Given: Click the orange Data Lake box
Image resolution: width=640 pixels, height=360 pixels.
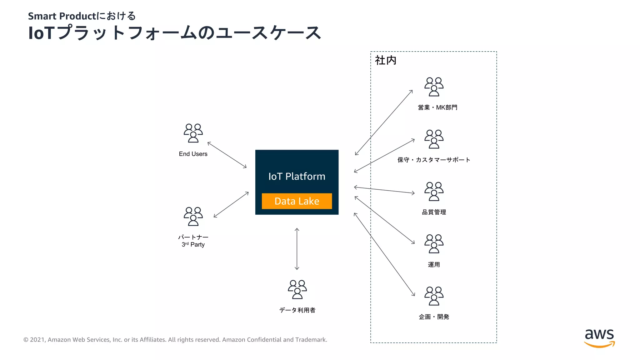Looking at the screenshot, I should [297, 201].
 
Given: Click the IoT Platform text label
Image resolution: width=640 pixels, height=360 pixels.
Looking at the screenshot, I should [297, 176].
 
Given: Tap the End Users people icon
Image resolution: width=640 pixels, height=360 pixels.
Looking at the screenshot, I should [193, 133].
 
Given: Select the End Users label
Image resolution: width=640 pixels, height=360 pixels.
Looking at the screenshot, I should [193, 154].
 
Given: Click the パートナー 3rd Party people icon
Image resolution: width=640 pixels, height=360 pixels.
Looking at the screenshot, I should [193, 216].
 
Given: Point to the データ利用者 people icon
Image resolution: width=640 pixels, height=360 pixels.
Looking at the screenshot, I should [297, 289].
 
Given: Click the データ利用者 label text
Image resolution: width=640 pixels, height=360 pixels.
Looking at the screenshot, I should [297, 310].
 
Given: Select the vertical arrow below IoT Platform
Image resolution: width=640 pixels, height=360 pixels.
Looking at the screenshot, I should [297, 249].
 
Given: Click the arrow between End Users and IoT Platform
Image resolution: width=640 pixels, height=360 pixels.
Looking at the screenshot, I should [227, 155].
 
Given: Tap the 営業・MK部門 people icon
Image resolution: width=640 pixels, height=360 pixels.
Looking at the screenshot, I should [434, 87].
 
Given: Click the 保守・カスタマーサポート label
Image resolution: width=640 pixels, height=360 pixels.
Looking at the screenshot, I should [434, 160].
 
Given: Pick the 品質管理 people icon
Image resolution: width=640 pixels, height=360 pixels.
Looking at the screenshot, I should [434, 191].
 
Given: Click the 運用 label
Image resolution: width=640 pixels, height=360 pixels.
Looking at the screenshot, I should [434, 264].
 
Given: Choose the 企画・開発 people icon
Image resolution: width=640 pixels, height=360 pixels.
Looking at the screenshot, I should [434, 296].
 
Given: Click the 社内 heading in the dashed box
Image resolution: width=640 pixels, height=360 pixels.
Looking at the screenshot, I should [385, 60].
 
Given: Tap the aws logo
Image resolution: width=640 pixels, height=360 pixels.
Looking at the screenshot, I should [599, 338].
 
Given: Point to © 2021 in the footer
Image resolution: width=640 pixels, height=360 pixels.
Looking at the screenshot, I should [34, 340].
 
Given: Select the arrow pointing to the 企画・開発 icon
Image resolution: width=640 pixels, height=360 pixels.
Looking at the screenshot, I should [384, 254].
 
